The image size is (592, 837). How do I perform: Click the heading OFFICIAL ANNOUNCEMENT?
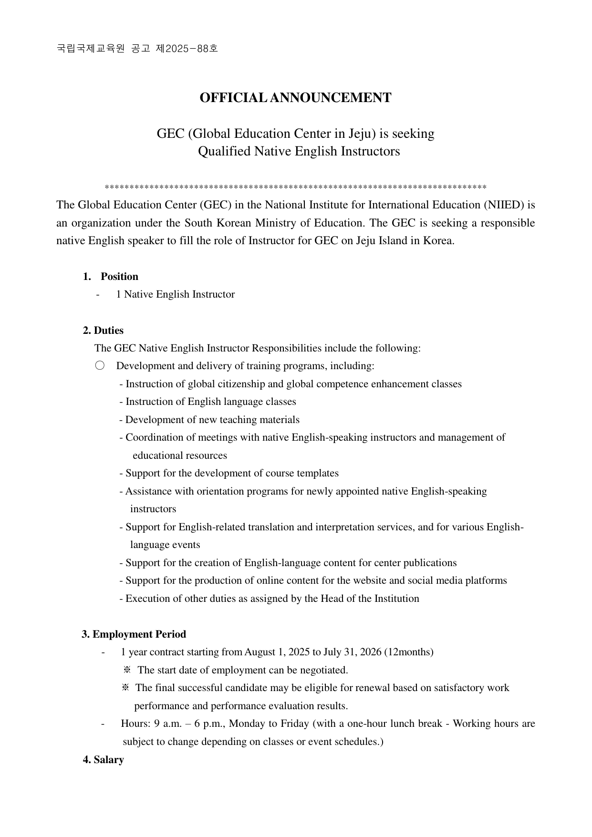295,98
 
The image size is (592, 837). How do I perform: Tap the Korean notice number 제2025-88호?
187,48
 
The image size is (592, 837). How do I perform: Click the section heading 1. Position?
111,277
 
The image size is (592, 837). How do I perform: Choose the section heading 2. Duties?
103,331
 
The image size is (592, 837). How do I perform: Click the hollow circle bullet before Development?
100,366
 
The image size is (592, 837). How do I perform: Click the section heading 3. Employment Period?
134,634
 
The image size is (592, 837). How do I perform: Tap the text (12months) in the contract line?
409,652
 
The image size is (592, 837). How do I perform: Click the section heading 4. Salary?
104,760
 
